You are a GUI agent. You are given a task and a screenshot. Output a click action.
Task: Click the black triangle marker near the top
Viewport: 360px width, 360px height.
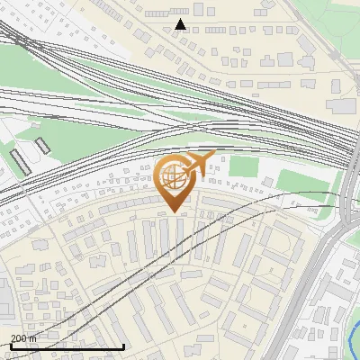coord(181,24)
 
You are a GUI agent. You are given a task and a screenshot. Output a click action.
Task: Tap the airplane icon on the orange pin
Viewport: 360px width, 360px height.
coord(199,162)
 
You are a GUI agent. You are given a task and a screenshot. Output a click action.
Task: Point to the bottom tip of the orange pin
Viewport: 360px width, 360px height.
coord(174,212)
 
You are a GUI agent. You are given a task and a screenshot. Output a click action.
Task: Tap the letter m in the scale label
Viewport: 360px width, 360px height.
coord(33,338)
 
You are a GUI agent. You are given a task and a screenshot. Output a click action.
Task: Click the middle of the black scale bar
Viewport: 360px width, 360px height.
coord(67,346)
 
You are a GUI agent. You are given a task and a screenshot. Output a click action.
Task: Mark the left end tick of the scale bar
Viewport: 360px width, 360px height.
coord(11,345)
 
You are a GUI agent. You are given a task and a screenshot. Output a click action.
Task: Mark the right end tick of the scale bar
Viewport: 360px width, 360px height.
coord(123,345)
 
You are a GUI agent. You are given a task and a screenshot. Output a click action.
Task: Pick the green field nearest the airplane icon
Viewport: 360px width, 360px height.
coord(244,166)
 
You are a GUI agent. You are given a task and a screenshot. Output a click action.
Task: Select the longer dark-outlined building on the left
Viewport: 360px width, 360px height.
coord(20,161)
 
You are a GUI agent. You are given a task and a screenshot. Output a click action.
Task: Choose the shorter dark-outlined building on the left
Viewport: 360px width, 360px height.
coord(42,145)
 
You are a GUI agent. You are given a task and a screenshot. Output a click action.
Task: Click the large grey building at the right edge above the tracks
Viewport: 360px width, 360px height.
coord(342,105)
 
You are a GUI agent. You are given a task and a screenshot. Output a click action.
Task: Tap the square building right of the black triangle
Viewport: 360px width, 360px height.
coord(198,9)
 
